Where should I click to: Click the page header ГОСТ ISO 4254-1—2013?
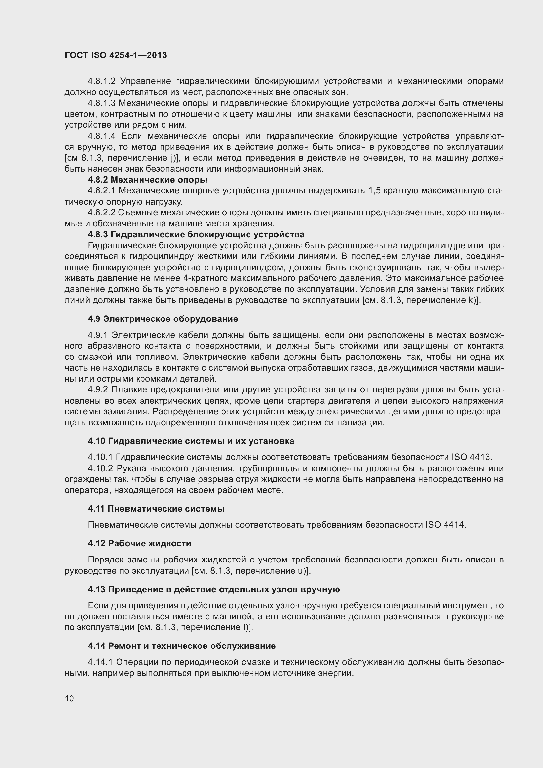116,55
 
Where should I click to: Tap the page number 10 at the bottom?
69,698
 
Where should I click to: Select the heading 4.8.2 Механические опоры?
147,180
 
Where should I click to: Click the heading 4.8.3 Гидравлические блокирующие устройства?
196,234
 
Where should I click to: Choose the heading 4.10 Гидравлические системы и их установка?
191,441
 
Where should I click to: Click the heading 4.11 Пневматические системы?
156,509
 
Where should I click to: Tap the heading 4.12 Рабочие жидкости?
140,543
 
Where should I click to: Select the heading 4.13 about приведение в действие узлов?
214,589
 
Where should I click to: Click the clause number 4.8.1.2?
101,81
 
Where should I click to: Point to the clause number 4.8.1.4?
101,136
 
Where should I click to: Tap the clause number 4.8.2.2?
101,213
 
